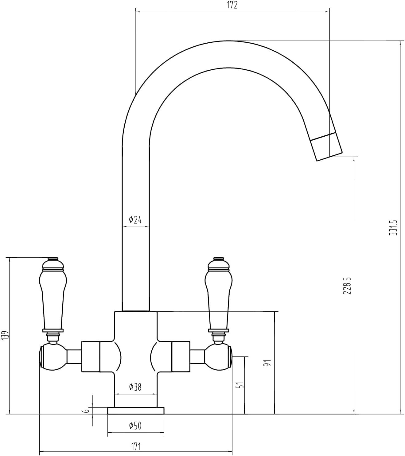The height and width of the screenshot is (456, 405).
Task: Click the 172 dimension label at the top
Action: click(x=232, y=5)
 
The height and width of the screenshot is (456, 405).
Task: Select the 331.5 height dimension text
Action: click(x=393, y=228)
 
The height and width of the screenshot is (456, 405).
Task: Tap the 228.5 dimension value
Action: click(x=347, y=286)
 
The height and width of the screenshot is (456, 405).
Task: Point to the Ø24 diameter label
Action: click(x=135, y=220)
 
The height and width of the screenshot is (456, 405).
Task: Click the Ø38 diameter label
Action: click(x=135, y=387)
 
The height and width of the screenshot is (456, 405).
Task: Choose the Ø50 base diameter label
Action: click(x=135, y=426)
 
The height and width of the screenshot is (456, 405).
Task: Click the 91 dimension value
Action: click(x=268, y=363)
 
